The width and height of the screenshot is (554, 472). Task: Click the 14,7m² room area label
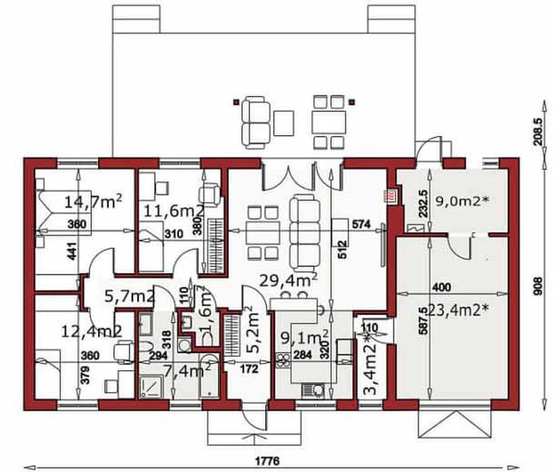coord(94,200)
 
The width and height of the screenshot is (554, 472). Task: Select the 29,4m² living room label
coord(288,280)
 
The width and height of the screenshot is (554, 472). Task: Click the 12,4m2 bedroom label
coord(93,331)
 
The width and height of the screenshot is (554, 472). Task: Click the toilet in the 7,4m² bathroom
coord(146,350)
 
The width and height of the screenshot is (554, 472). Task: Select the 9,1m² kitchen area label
coord(302,339)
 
